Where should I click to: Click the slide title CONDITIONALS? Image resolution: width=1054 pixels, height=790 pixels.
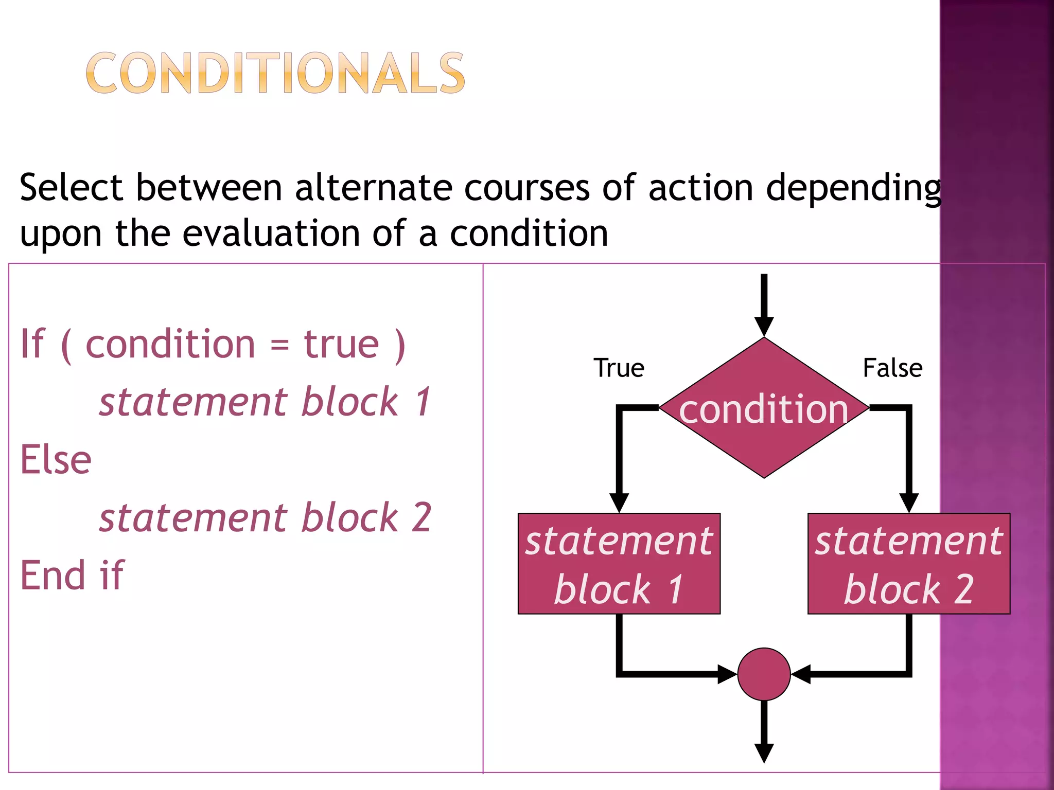pyautogui.click(x=275, y=73)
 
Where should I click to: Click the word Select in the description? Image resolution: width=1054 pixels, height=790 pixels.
pyautogui.click(x=71, y=188)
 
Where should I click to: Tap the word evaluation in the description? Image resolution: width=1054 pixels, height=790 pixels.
pyautogui.click(x=271, y=234)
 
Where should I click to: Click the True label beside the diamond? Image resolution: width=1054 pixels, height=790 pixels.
pyautogui.click(x=619, y=368)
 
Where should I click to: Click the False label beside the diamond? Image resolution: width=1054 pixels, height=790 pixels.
pyautogui.click(x=892, y=368)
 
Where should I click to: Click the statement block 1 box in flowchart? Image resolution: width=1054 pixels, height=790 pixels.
pyautogui.click(x=619, y=564)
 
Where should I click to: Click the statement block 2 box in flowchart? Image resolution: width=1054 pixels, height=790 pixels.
pyautogui.click(x=908, y=564)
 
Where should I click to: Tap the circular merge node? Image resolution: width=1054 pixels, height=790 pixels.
pyautogui.click(x=764, y=674)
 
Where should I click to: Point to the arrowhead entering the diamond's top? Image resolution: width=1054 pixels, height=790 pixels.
pyautogui.click(x=764, y=326)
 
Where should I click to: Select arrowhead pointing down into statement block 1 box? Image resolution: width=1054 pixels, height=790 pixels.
pyautogui.click(x=619, y=502)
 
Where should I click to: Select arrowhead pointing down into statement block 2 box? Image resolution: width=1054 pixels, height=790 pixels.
pyautogui.click(x=909, y=502)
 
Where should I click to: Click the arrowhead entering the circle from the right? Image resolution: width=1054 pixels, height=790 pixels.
pyautogui.click(x=801, y=674)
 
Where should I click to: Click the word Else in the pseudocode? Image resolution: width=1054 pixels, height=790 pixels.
pyautogui.click(x=56, y=460)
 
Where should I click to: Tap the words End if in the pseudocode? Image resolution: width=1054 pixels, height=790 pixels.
pyautogui.click(x=72, y=576)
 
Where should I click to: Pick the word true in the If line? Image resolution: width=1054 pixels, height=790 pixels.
pyautogui.click(x=341, y=344)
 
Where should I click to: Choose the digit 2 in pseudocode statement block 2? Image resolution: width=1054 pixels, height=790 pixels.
pyautogui.click(x=421, y=517)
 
